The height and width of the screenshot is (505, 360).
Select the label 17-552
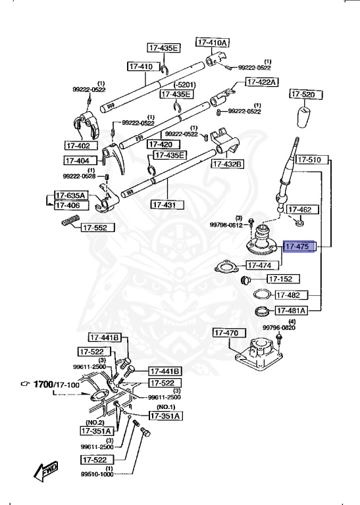pos(98,228)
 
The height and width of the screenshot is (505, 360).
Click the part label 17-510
pos(309,160)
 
